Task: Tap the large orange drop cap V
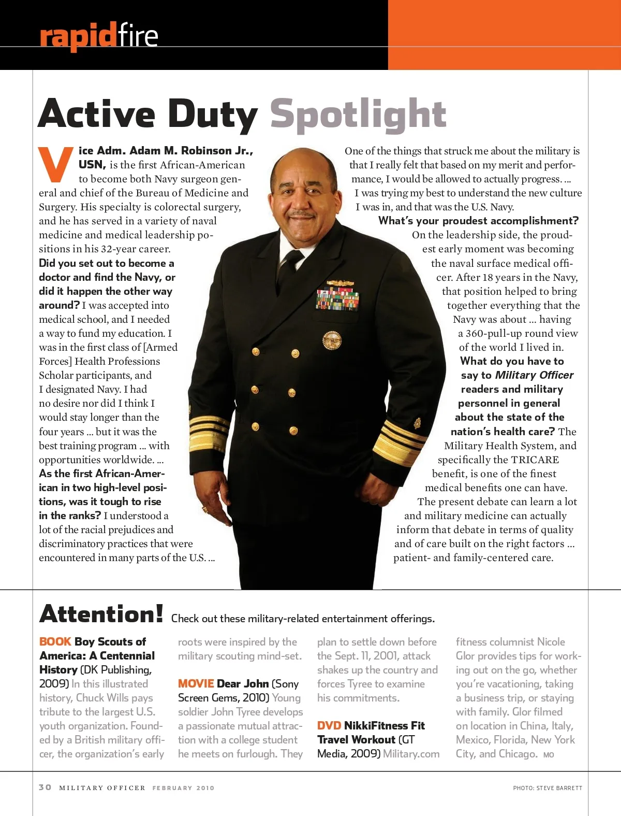click(x=56, y=165)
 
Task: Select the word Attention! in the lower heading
click(x=101, y=614)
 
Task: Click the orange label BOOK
click(x=55, y=641)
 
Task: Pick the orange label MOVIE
click(x=196, y=683)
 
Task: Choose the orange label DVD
click(x=329, y=725)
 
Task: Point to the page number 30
click(x=45, y=787)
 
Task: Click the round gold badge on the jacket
click(x=332, y=340)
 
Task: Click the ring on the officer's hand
click(x=205, y=510)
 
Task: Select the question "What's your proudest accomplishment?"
click(x=478, y=221)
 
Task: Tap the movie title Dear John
click(x=243, y=683)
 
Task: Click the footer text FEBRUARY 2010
click(x=183, y=788)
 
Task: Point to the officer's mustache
click(x=302, y=213)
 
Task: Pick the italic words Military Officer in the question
click(x=534, y=375)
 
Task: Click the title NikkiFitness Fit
click(x=384, y=725)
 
